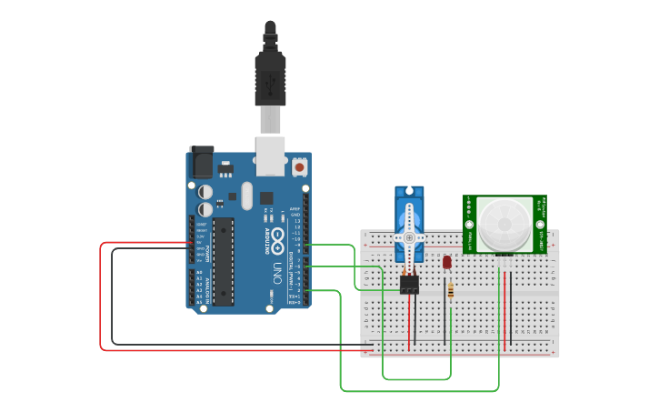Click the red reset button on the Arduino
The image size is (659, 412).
point(299,167)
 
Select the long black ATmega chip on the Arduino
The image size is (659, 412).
point(224,261)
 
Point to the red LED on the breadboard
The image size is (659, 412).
point(446,262)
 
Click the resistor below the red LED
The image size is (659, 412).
point(452,290)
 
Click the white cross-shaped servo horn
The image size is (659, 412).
point(409,236)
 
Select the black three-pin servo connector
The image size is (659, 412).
point(409,285)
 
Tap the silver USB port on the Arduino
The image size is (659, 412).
point(270,156)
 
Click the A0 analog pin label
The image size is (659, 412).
point(200,272)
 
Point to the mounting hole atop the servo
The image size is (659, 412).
point(409,193)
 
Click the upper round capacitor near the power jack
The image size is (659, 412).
point(206,192)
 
